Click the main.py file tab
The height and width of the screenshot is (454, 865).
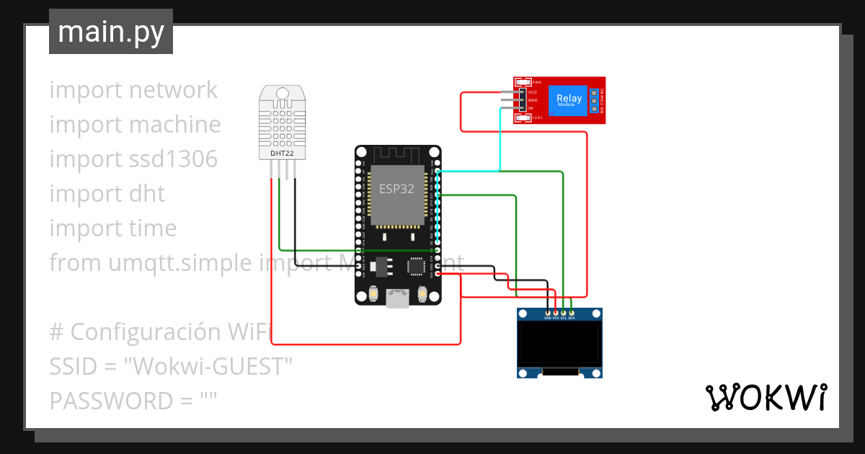110,32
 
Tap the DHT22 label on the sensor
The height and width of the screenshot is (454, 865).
282,153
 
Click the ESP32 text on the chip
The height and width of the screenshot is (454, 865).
397,189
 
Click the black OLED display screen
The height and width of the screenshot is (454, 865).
559,343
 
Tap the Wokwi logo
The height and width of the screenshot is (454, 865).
766,397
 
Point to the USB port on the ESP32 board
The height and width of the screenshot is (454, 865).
397,298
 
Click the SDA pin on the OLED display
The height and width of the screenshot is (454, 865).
572,313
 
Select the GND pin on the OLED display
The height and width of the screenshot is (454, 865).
547,313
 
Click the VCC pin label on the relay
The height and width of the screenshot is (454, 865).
533,92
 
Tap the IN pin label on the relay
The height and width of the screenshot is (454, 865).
531,108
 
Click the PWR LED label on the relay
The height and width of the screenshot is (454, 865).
536,82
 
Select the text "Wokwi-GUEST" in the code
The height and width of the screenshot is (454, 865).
208,366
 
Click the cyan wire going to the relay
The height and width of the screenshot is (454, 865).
500,144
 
